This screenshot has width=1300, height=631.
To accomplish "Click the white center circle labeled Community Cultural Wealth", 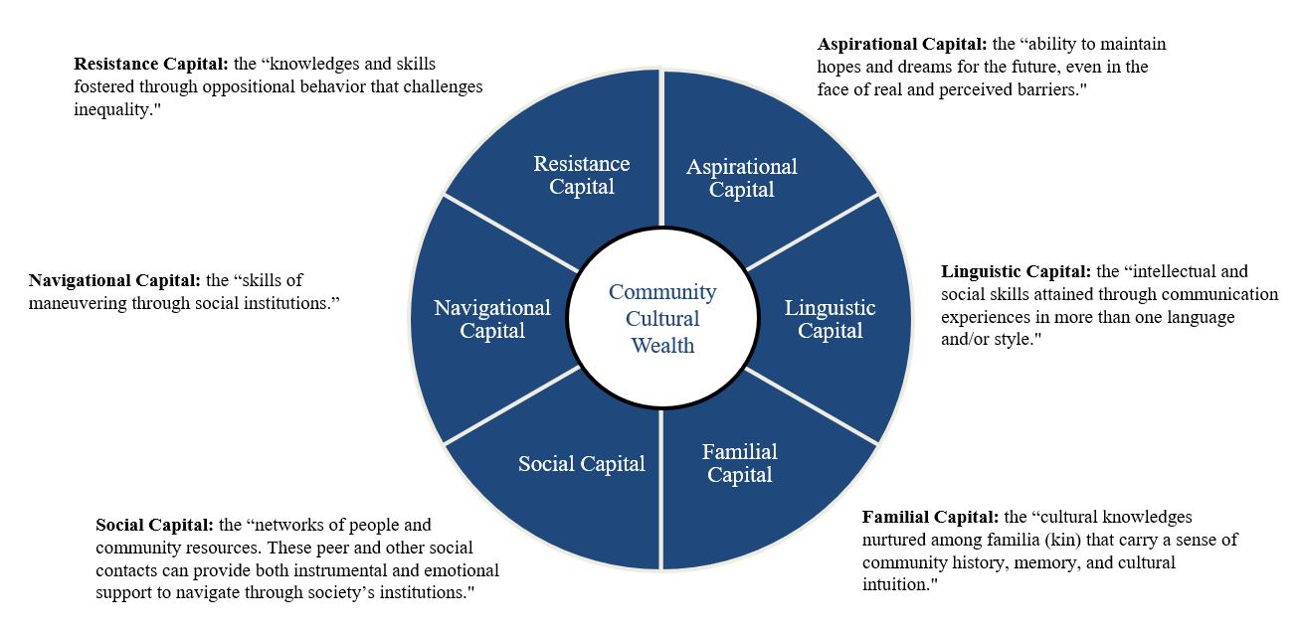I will [x=662, y=319].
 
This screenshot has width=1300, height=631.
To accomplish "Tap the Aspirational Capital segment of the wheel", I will [x=741, y=178].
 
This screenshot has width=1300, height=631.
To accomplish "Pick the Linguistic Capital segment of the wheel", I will [x=830, y=319].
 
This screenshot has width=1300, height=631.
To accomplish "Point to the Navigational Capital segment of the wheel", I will [x=491, y=319].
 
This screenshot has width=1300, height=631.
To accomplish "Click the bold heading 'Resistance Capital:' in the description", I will [x=152, y=65].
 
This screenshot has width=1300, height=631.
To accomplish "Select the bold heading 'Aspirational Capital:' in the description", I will [x=902, y=45].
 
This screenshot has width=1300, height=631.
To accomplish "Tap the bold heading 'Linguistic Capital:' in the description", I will [x=1017, y=271].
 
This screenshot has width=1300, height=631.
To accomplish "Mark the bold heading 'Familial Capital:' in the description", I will [x=930, y=517].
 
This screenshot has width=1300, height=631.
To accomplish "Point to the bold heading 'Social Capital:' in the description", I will [x=155, y=525].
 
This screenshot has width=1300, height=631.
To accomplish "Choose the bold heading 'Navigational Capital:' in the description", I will [x=115, y=281].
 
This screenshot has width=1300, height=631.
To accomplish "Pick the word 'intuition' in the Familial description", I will [x=894, y=584].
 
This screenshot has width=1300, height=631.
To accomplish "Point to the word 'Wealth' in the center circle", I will [x=662, y=346].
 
